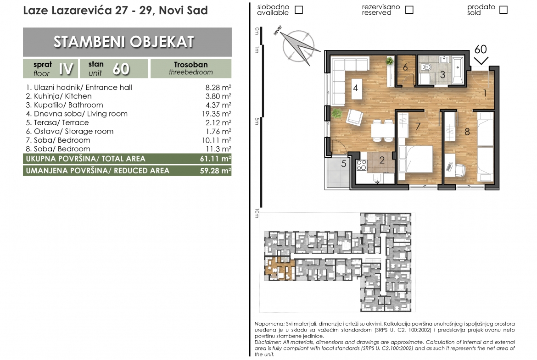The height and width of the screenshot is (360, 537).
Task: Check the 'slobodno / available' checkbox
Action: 299,10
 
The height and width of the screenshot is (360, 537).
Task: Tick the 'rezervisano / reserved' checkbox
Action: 409,10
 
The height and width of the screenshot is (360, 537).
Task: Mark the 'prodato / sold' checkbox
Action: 503,10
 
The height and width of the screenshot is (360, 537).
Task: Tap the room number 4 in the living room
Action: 356,88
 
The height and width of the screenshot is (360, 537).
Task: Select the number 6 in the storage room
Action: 405,67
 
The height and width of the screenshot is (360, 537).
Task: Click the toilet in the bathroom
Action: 426,67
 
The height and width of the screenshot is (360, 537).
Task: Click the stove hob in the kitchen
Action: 362,165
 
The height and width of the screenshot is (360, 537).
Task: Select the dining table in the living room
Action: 382,130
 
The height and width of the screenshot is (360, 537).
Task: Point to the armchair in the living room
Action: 354,117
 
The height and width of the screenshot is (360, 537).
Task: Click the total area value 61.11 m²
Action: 215,159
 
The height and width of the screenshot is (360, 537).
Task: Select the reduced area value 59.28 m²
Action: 215,171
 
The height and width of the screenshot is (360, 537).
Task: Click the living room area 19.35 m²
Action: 216,114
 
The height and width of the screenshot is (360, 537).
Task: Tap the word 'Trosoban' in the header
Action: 191,65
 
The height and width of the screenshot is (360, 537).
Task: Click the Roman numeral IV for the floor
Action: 66,69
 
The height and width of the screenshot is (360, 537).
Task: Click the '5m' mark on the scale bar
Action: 257,121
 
